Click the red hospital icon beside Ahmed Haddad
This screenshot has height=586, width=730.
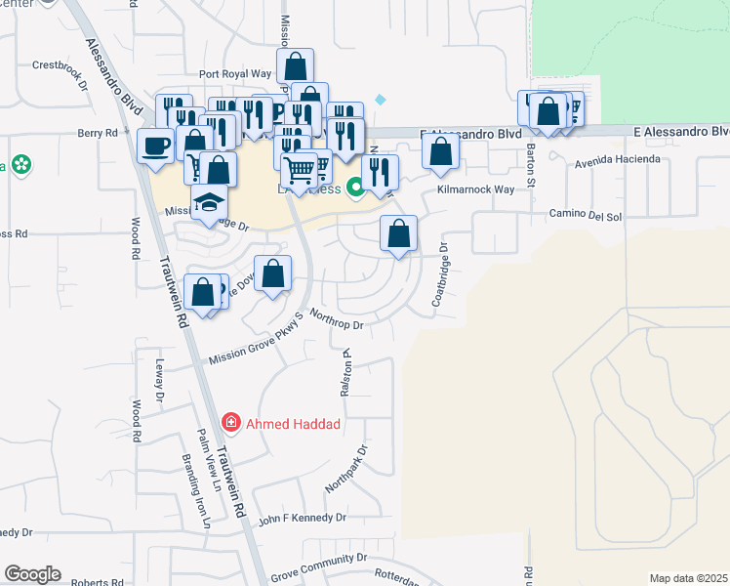[x=231, y=423]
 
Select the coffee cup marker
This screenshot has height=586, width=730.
[x=156, y=147]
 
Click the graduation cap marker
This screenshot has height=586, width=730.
[x=208, y=203]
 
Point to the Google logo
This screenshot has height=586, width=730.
[x=32, y=574]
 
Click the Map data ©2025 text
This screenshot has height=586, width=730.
[x=688, y=578]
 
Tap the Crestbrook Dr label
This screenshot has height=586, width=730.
[x=61, y=66]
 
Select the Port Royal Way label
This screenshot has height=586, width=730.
[x=234, y=73]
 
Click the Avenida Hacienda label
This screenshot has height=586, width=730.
[x=617, y=159]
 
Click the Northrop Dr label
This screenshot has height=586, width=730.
[x=337, y=319]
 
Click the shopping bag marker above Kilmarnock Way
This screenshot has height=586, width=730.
[x=441, y=152]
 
